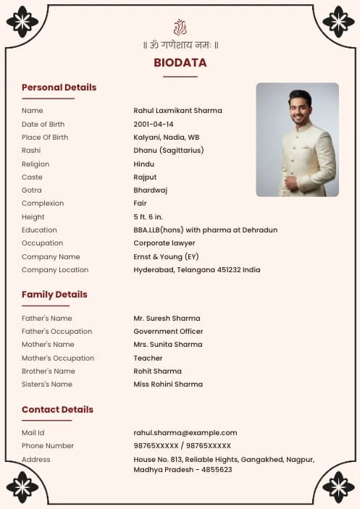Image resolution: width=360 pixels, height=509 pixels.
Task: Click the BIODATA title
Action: (180, 63)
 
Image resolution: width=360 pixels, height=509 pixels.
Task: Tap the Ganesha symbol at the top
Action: (180, 28)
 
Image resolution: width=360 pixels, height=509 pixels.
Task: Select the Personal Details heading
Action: (59, 88)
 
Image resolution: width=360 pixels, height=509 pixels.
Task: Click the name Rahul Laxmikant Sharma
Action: (177, 111)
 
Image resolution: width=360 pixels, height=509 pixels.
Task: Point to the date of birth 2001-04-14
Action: (153, 125)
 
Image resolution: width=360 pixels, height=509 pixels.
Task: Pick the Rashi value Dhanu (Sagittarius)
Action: (168, 151)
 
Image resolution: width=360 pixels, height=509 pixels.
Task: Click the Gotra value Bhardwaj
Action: (150, 190)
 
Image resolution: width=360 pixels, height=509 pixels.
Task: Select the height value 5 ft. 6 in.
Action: (148, 217)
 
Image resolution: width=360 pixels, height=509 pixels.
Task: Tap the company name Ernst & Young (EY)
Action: (166, 257)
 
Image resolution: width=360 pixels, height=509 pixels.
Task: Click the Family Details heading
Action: (54, 295)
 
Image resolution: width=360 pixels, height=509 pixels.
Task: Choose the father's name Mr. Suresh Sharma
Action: (167, 319)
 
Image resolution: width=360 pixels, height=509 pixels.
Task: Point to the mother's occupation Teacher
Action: (148, 358)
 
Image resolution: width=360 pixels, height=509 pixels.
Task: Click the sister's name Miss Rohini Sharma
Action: (168, 384)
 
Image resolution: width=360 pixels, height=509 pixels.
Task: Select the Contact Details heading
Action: (57, 410)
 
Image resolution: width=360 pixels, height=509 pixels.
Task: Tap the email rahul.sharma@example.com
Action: (185, 433)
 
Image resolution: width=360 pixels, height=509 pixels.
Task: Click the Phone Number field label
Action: (48, 446)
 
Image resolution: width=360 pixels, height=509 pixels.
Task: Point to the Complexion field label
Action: (43, 203)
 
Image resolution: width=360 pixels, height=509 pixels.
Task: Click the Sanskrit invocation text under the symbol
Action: (180, 45)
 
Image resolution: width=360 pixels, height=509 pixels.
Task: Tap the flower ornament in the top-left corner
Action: (22, 22)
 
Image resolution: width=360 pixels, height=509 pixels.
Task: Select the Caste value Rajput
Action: (145, 177)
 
